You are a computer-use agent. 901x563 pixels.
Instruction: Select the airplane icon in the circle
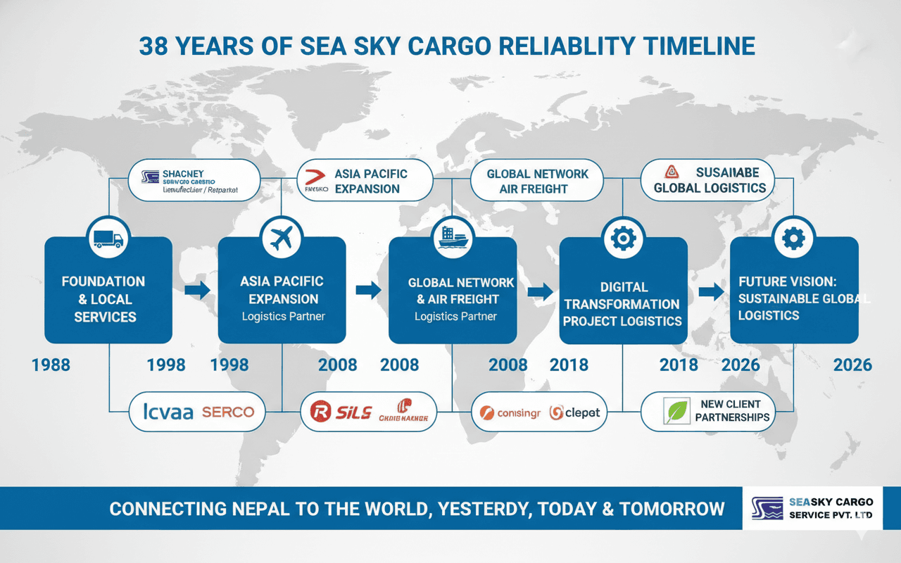(x=282, y=239)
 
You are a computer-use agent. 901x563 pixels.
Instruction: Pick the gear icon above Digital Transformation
(x=623, y=239)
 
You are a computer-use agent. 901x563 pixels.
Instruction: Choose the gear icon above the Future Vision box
(x=793, y=239)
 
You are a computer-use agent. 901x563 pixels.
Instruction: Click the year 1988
(x=51, y=365)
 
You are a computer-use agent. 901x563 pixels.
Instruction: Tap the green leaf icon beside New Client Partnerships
(x=677, y=412)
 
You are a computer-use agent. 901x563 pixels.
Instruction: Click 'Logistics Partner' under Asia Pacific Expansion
(x=283, y=317)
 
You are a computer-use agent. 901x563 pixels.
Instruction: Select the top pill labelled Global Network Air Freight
(x=536, y=181)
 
